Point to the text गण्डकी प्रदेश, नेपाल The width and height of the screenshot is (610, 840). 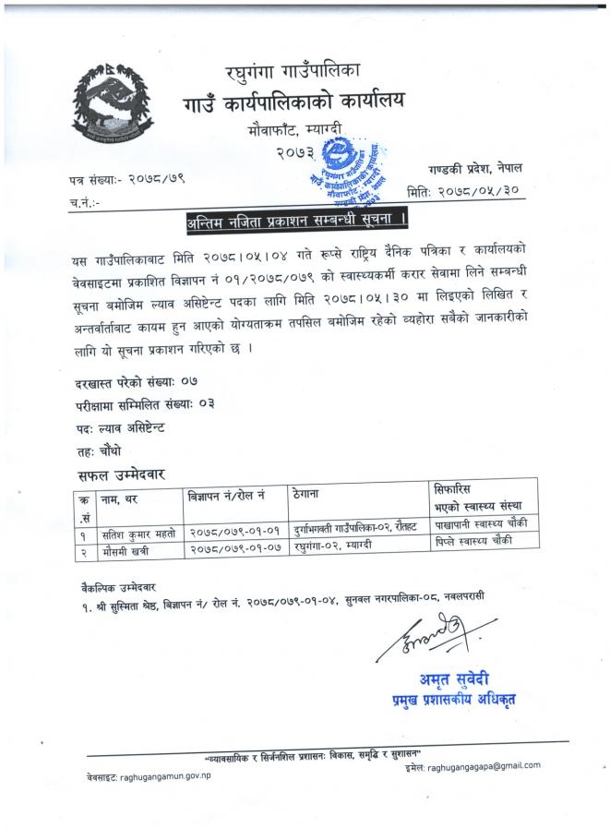click(x=476, y=171)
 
